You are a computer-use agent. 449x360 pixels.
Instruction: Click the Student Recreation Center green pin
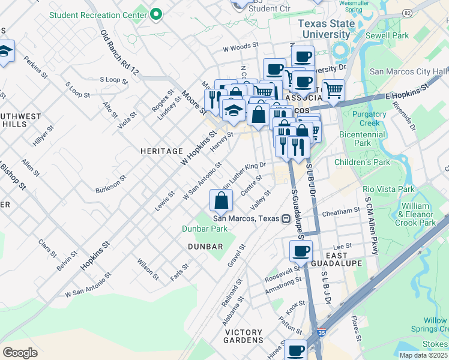point(157,14)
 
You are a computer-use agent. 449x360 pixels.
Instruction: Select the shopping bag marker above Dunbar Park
point(221,201)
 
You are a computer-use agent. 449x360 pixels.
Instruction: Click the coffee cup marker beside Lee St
point(301,250)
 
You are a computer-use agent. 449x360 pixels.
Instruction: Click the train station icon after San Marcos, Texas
point(287,219)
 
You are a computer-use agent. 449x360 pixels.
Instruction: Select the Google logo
point(20,352)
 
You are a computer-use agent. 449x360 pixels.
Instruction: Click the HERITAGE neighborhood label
point(161,151)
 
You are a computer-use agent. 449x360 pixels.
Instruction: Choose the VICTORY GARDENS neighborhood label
point(244,337)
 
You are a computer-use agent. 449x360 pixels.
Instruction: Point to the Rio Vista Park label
point(388,189)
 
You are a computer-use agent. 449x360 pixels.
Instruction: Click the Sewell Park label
point(388,36)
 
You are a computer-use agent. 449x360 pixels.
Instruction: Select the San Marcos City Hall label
point(408,71)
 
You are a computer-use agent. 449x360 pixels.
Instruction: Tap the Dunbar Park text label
point(205,229)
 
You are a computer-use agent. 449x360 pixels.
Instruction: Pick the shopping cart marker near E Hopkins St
point(333,91)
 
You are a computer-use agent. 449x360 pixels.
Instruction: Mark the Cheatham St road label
point(340,211)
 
